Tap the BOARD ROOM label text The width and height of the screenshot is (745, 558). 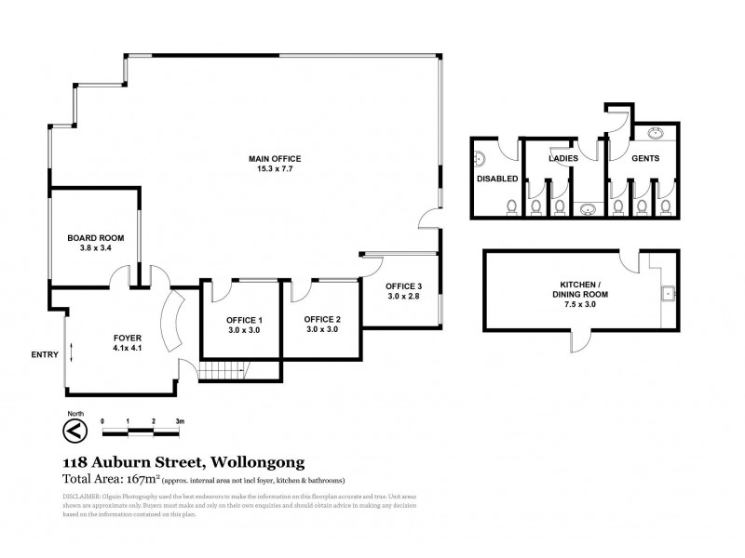(95, 238)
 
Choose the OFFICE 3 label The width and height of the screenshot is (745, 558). (405, 286)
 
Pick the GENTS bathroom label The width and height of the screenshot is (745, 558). (645, 159)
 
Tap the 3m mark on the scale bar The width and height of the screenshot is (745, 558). (181, 420)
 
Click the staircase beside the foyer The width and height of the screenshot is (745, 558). (223, 371)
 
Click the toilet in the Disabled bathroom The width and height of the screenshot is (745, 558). (509, 206)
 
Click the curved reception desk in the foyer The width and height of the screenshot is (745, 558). (169, 320)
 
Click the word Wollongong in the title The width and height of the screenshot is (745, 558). (253, 461)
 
